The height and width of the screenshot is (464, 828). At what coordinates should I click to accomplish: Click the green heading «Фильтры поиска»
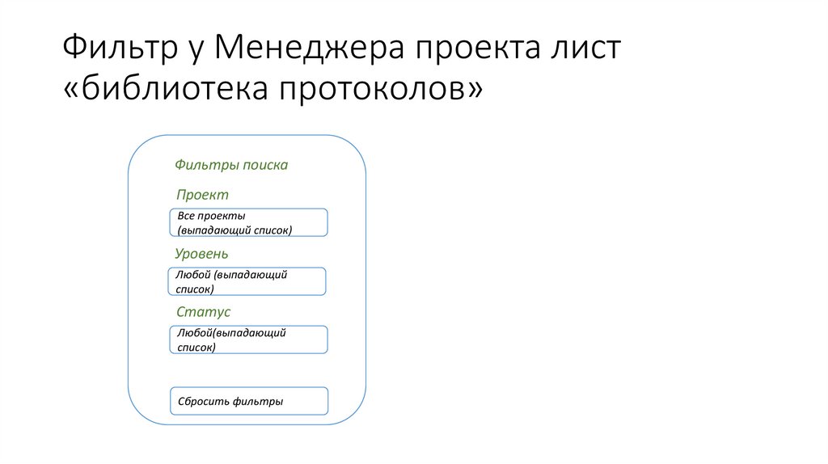click(x=231, y=165)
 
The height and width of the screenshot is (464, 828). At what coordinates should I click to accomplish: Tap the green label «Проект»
click(x=202, y=195)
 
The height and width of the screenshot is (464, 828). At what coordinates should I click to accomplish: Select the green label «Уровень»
click(x=207, y=254)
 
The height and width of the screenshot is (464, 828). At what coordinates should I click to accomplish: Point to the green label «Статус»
click(x=203, y=312)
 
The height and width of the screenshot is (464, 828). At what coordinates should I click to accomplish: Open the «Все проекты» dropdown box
click(x=248, y=222)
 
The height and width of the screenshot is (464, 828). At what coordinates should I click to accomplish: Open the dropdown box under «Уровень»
click(x=247, y=281)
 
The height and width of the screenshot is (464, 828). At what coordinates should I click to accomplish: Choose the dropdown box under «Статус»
click(x=248, y=340)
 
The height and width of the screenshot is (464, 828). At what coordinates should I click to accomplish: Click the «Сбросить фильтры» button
click(x=248, y=401)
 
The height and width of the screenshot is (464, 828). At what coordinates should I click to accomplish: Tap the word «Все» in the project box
click(x=185, y=217)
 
